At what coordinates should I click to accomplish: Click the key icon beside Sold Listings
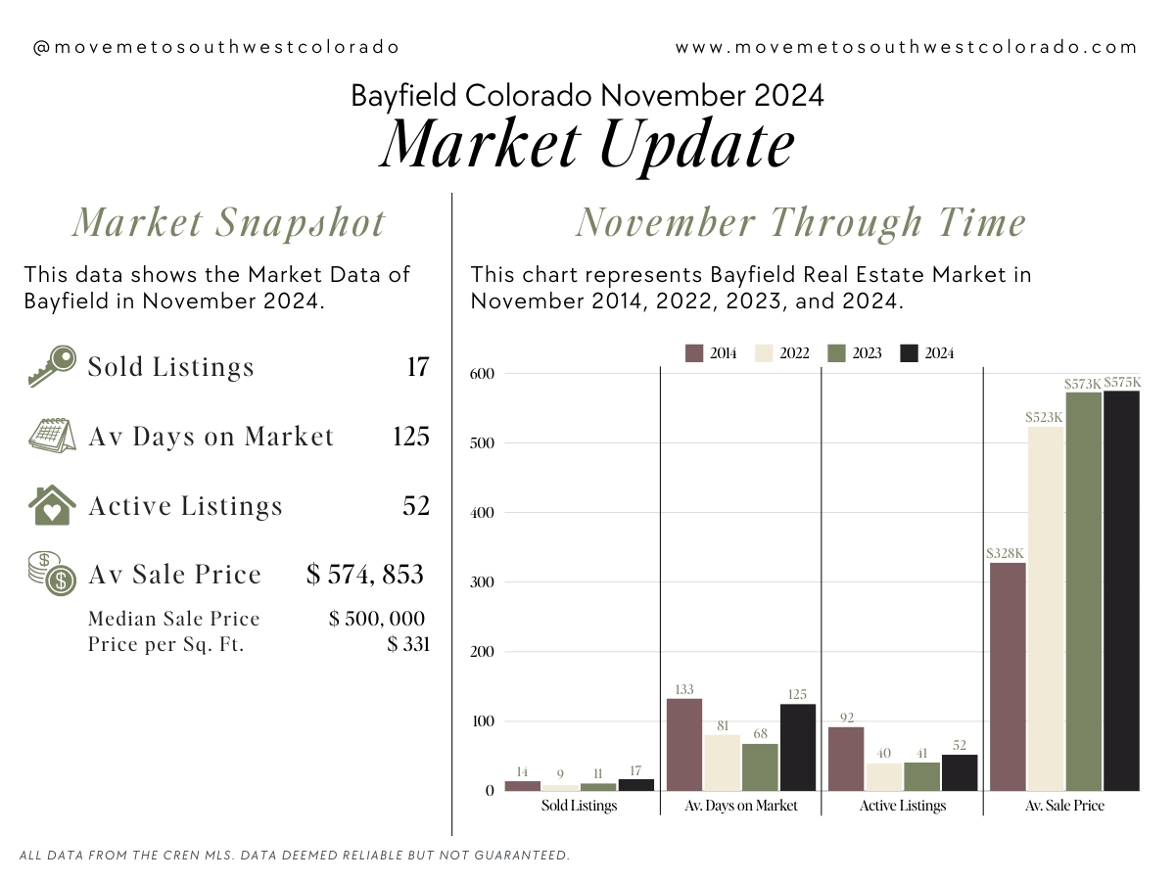tap(51, 366)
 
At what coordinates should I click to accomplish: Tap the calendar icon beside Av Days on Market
tap(51, 436)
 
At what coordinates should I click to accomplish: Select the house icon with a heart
tap(51, 505)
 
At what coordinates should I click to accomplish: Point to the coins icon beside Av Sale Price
tap(51, 574)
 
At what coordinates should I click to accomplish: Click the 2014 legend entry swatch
tap(694, 353)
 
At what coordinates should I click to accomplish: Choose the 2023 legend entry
tap(855, 353)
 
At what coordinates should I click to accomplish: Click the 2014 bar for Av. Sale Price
tap(1008, 676)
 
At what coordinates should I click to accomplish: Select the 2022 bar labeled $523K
tap(1046, 609)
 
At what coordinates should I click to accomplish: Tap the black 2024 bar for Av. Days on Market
tap(798, 747)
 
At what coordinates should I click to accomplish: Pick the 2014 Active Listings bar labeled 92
tap(846, 759)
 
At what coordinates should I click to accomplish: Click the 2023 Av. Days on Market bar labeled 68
tap(760, 767)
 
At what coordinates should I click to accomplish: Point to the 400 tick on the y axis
tap(482, 512)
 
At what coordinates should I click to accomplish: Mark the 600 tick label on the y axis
tap(482, 373)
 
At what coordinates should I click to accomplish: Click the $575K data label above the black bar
tap(1122, 382)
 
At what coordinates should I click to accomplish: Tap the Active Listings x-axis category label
tap(903, 805)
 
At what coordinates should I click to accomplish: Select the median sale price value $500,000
tap(377, 619)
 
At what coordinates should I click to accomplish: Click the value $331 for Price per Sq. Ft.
tap(408, 644)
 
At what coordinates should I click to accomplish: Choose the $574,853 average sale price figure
tap(365, 575)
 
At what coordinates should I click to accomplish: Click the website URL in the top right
tap(906, 47)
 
